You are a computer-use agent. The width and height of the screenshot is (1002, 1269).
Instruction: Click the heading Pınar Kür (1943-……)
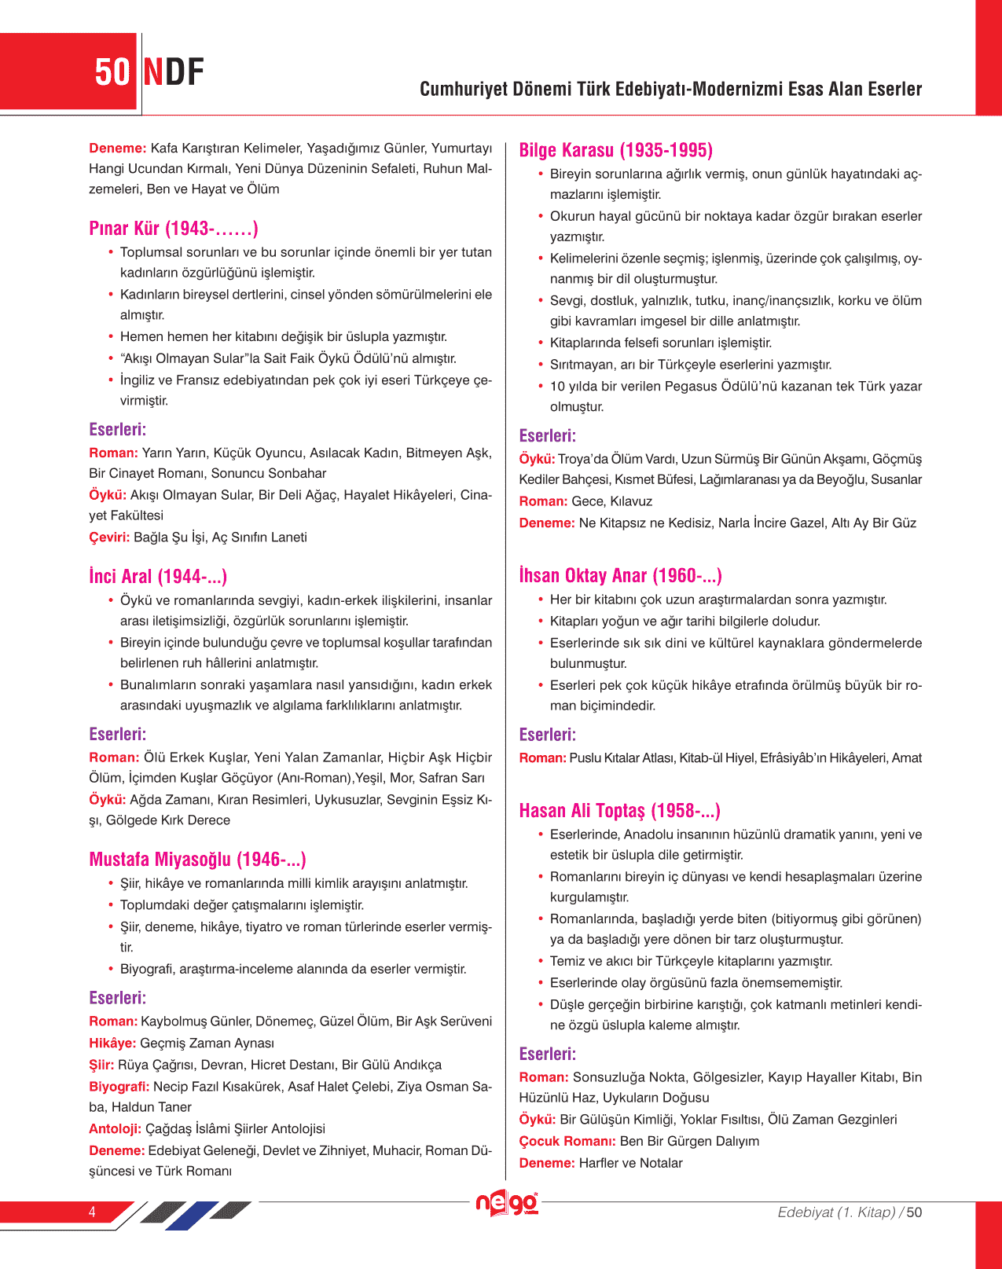[173, 229]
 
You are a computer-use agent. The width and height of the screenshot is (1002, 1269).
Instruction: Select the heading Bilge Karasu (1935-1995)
[615, 150]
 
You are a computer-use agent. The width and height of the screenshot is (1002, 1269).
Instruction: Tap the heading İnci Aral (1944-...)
[158, 577]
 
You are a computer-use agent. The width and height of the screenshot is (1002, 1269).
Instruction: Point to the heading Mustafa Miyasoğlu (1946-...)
[197, 860]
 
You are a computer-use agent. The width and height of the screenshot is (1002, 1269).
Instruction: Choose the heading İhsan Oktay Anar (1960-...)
[620, 576]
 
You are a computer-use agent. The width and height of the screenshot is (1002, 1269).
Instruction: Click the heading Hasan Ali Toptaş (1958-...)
[619, 811]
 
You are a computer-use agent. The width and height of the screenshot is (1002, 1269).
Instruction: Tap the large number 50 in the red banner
[112, 72]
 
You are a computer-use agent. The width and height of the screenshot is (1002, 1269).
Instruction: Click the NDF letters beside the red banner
[174, 72]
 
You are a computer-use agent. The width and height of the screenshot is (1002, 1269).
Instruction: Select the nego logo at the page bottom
[507, 1204]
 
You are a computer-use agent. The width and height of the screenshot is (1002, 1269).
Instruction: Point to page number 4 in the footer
[92, 1212]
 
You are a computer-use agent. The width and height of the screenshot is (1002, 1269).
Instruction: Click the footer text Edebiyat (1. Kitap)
[836, 1212]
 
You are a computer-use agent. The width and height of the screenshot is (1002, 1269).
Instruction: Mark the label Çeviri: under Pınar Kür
[109, 537]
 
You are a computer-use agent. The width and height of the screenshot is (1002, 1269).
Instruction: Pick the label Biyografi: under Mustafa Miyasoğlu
[119, 1087]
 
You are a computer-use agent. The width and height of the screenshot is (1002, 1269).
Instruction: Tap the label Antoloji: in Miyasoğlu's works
[115, 1129]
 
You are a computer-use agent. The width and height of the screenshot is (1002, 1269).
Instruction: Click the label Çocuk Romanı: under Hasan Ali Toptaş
[567, 1141]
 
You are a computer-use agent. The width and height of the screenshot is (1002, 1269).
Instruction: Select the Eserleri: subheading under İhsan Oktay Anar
[547, 735]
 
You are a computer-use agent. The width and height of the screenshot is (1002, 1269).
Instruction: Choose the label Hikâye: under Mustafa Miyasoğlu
[112, 1043]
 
